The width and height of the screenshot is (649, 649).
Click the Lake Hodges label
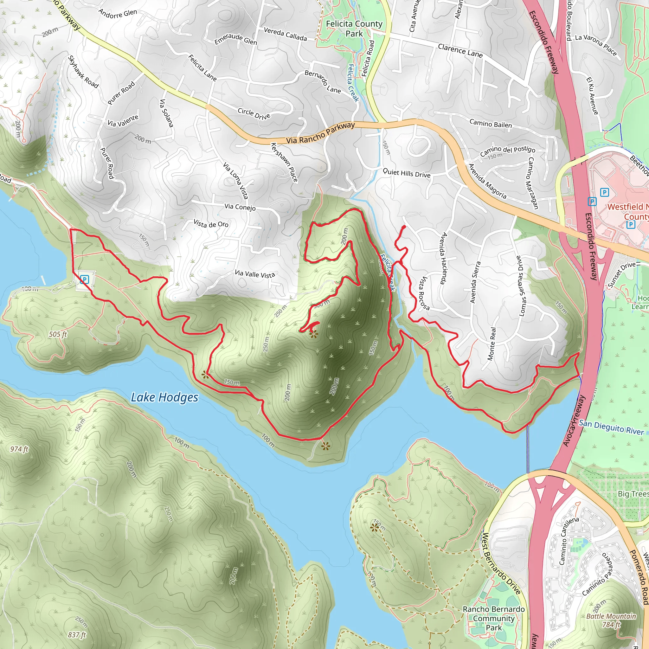click(164, 397)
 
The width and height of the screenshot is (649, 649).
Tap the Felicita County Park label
click(354, 29)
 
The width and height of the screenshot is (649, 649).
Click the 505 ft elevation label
click(58, 334)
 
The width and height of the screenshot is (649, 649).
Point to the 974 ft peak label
click(19, 449)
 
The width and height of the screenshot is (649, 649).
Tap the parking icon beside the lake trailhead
click(84, 280)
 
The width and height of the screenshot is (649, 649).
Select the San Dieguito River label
click(611, 427)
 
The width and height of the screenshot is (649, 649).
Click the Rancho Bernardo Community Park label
click(493, 618)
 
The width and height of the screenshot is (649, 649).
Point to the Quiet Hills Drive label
click(407, 173)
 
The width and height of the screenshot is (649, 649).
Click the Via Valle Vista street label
click(255, 274)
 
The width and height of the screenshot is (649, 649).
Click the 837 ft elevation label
click(77, 634)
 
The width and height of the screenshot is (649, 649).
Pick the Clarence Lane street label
click(460, 51)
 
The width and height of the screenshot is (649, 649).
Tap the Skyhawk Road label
click(83, 72)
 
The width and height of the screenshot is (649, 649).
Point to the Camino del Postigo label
click(507, 151)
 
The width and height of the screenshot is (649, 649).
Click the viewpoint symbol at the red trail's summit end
click(313, 334)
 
